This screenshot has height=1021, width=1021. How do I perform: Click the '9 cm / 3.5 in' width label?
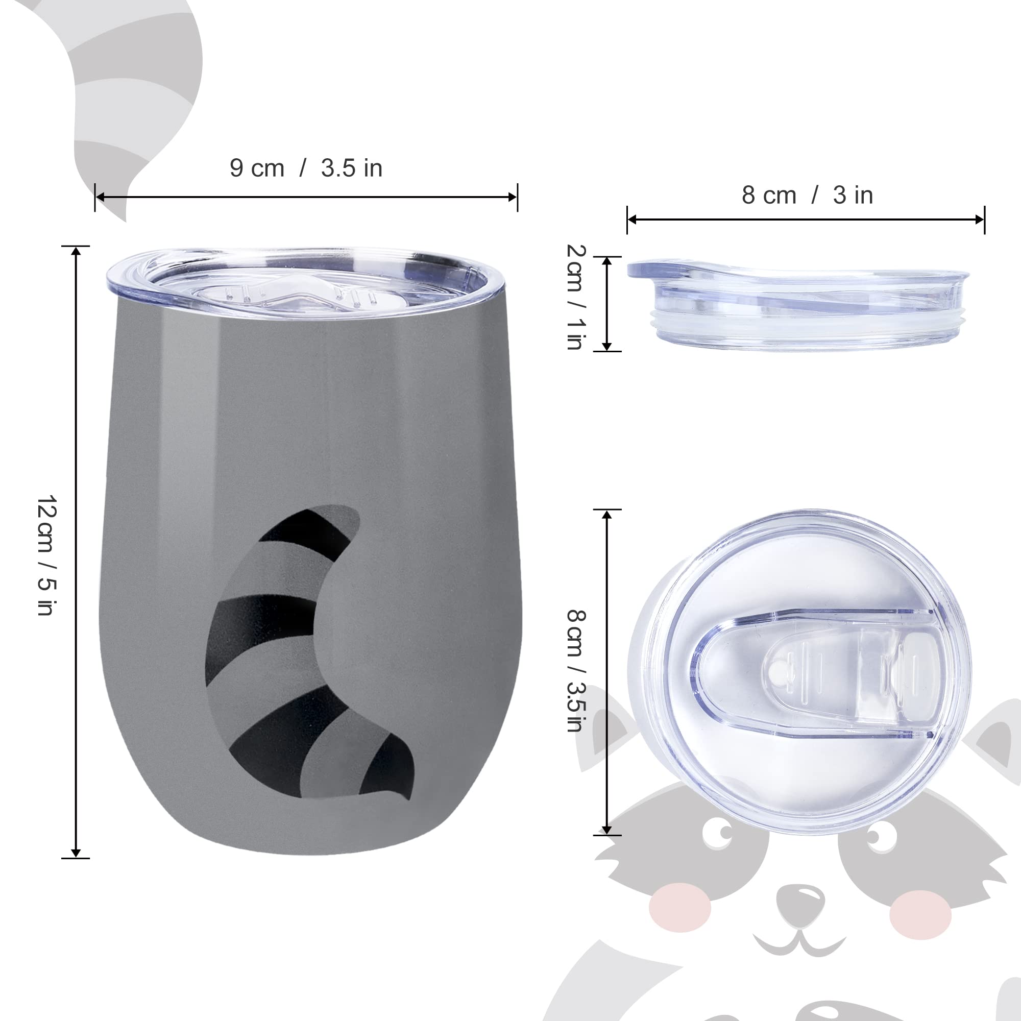[x=306, y=168]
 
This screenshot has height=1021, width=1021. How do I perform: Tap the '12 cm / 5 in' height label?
[x=47, y=555]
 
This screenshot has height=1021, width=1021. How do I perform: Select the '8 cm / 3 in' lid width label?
[x=807, y=195]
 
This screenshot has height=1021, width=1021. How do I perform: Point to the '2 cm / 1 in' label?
[x=576, y=297]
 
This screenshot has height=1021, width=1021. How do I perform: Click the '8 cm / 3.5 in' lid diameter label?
[x=576, y=671]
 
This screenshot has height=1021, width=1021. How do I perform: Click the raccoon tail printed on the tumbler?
[x=306, y=652]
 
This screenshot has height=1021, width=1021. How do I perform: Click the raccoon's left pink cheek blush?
[x=680, y=907]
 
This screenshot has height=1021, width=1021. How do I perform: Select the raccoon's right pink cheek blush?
[x=920, y=915]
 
